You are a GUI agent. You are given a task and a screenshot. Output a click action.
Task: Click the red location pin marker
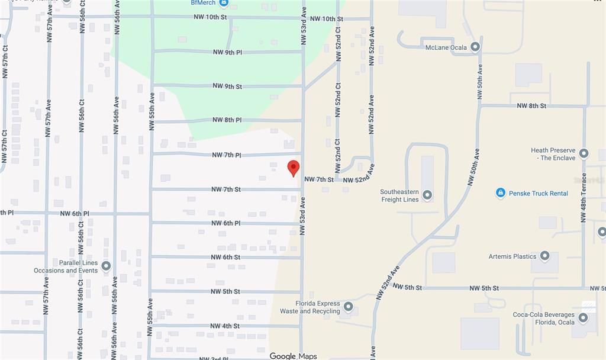pos(293,168)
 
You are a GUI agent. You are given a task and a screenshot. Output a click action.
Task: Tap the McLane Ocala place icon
pos(475,47)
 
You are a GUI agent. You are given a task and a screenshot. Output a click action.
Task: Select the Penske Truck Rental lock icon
pos(500,193)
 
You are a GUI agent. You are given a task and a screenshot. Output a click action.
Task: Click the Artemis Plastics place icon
pos(544,256)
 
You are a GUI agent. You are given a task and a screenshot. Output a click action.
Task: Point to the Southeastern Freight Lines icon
pos(427,195)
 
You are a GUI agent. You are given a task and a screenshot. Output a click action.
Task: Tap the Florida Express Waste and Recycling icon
pos(348,307)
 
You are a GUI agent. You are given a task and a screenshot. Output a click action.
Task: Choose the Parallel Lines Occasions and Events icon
pos(106,266)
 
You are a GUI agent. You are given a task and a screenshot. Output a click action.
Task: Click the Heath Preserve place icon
pos(584,153)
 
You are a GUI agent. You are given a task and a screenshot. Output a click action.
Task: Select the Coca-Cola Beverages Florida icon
pos(584,318)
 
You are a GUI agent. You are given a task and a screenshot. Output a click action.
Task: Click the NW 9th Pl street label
pos(227,52)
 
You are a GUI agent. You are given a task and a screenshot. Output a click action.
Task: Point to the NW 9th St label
pos(227,86)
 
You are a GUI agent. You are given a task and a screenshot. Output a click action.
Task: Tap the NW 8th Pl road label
pos(227,120)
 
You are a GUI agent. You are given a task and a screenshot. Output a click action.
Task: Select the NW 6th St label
pos(225,258)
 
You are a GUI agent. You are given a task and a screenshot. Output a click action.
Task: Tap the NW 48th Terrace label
pos(584,198)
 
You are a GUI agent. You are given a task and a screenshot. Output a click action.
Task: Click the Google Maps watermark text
pos(293,356)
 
